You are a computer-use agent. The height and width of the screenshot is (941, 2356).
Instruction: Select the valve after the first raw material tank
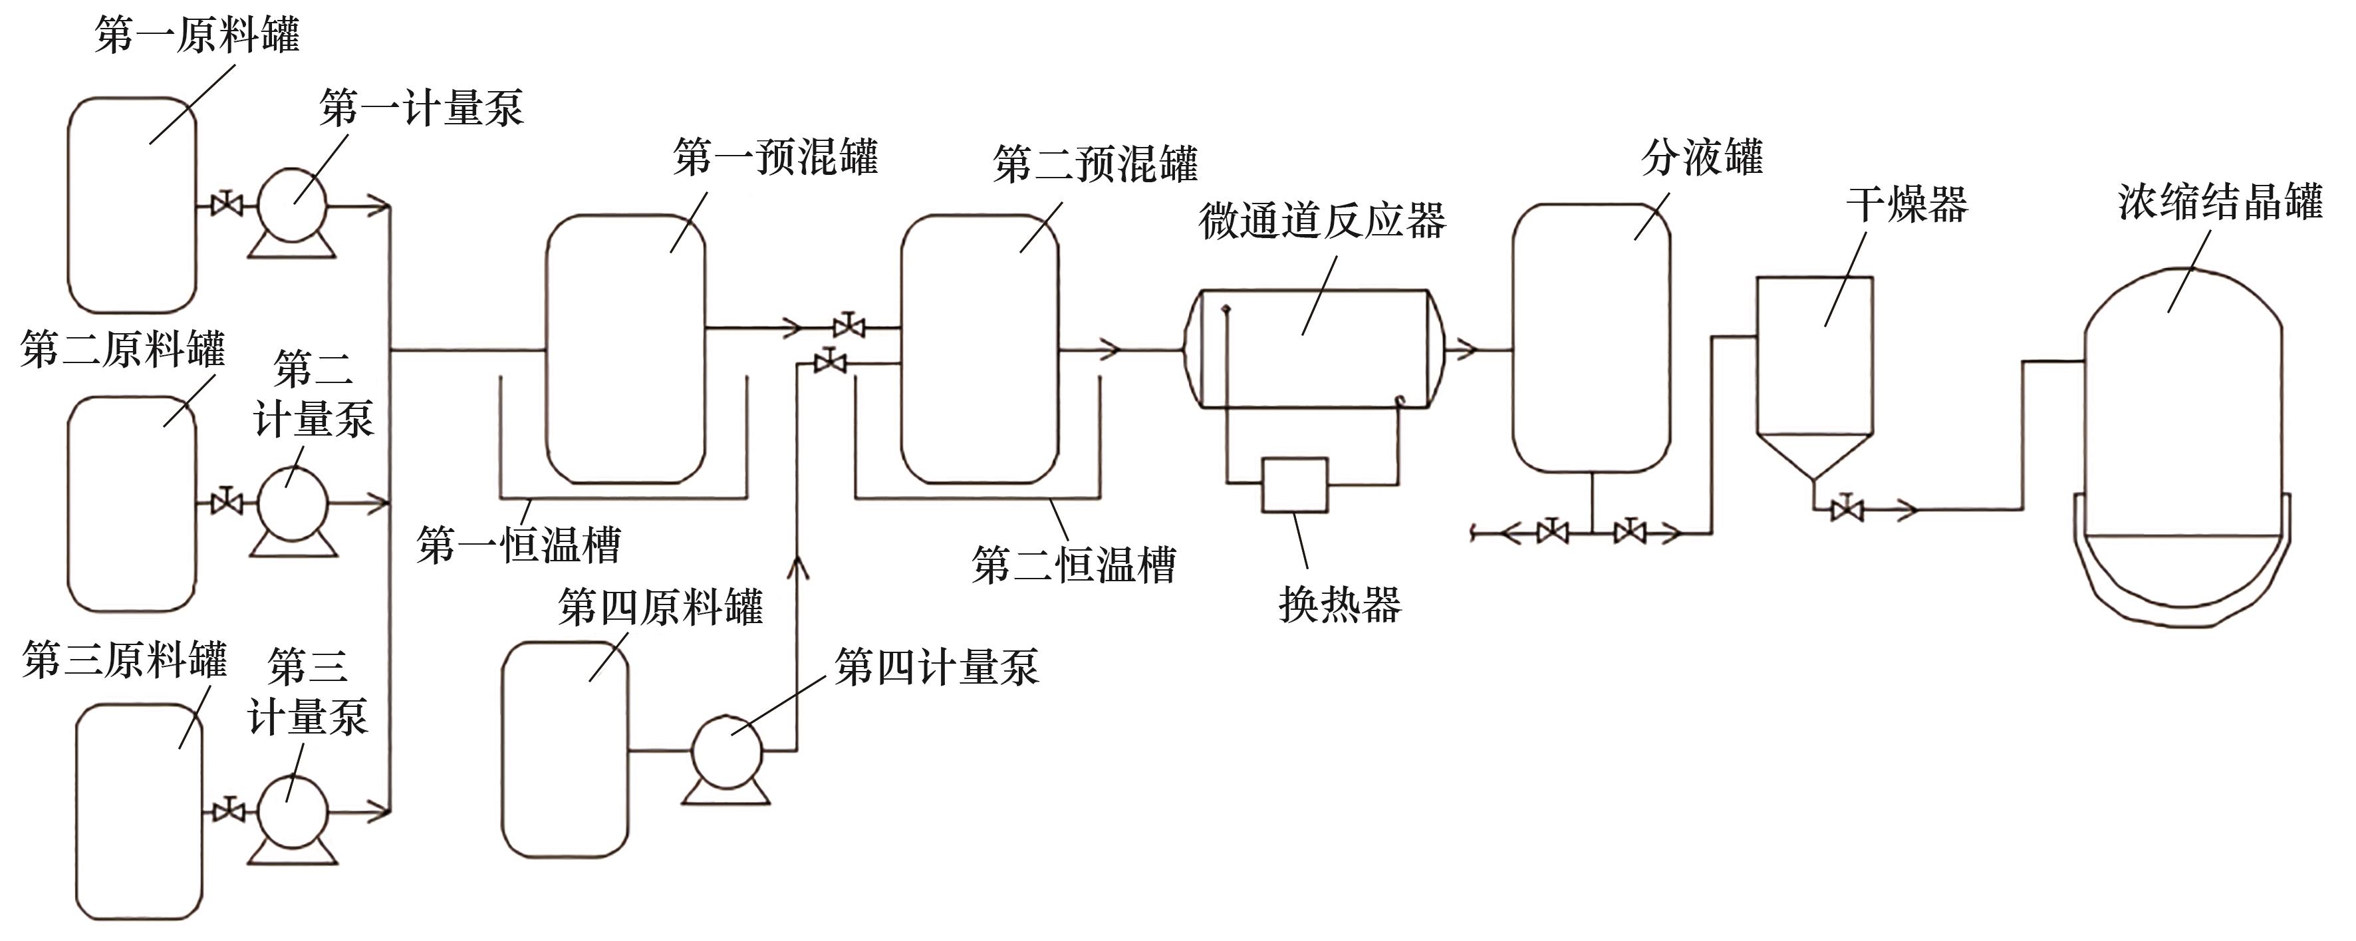coord(226,205)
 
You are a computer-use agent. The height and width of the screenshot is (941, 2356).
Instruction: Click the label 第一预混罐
coord(775,158)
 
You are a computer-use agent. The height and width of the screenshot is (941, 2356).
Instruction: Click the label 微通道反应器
coord(1321,221)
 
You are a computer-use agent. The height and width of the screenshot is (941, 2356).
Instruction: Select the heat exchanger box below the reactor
coord(1294,485)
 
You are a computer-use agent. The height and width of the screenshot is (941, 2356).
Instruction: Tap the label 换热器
coord(1340,605)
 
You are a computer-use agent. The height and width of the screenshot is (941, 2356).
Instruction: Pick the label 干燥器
coord(1907,204)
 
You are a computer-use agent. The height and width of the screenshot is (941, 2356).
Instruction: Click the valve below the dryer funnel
coord(1847,509)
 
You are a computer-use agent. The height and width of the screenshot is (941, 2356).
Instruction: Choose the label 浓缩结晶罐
coord(2220,202)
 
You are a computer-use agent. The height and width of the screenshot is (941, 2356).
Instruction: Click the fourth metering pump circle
coord(726,751)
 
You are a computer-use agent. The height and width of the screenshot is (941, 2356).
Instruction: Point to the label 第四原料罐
coord(660,608)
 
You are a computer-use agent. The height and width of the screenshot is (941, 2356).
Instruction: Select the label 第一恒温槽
coord(519,546)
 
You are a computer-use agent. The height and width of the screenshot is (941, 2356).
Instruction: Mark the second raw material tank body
coord(132,503)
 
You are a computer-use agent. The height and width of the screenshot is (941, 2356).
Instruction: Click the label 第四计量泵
coord(936,668)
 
